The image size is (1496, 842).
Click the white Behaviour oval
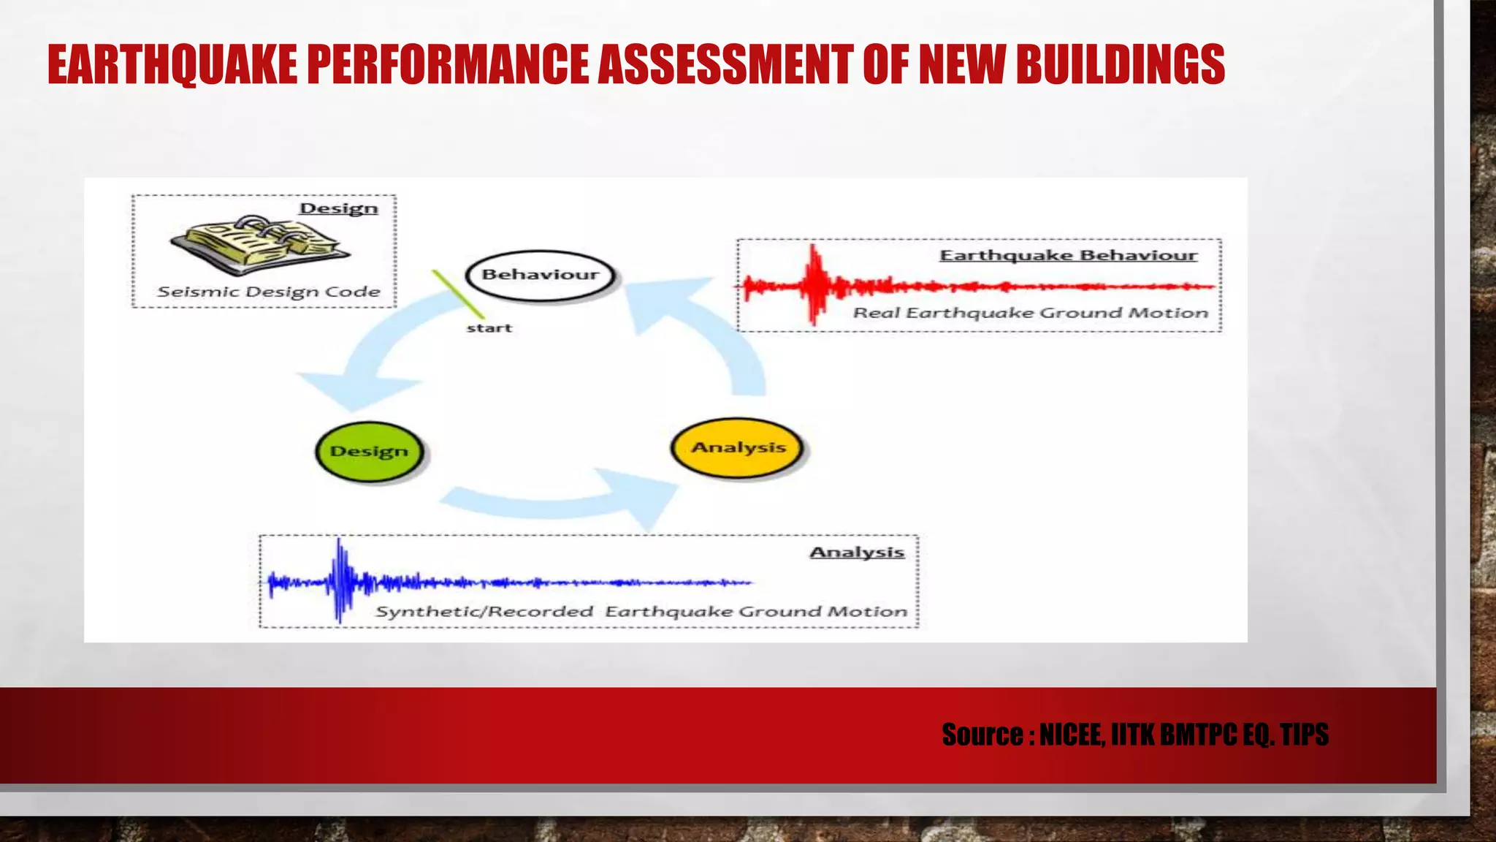541,276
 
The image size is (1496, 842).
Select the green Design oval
370,451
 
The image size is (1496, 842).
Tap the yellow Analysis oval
738,447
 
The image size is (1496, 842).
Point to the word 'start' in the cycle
489,328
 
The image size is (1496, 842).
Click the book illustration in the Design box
259,244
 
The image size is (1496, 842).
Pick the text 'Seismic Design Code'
269,292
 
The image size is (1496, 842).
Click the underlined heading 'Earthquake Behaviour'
1068,255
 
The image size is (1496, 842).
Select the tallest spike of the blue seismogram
339,581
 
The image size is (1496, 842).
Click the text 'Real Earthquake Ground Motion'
1031,313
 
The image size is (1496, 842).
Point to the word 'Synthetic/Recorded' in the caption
484,611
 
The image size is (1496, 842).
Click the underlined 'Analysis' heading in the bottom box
857,552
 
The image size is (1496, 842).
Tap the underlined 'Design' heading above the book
339,208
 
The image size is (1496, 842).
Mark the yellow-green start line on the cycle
458,294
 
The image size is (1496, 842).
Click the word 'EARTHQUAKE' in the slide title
172,64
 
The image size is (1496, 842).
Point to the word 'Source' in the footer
982,735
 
